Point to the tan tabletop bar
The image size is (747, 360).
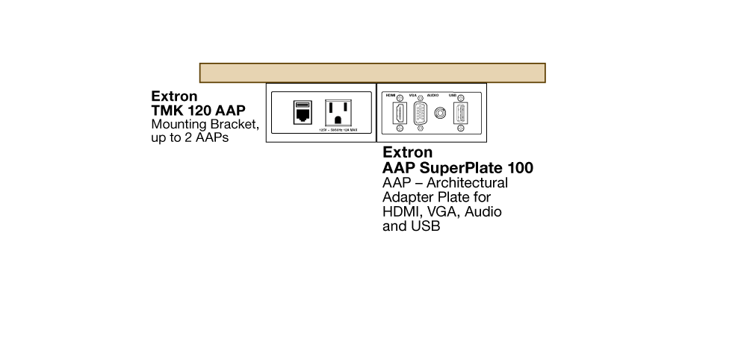[372, 72]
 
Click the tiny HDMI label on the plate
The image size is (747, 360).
[390, 96]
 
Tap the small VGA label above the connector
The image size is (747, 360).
[413, 96]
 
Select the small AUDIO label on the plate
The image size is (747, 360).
[433, 96]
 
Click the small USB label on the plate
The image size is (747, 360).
[452, 96]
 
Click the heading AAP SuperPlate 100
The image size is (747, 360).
[457, 168]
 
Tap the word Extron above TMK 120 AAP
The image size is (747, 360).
[174, 96]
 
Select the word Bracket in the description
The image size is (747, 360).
[232, 124]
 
